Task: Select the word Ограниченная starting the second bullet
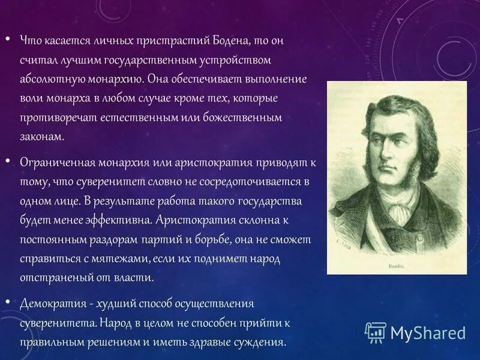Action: (x=54, y=163)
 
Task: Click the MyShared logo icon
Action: (x=376, y=332)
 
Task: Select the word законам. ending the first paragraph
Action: (x=41, y=137)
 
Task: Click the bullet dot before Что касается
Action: (x=8, y=40)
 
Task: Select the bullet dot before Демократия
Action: (x=8, y=302)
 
